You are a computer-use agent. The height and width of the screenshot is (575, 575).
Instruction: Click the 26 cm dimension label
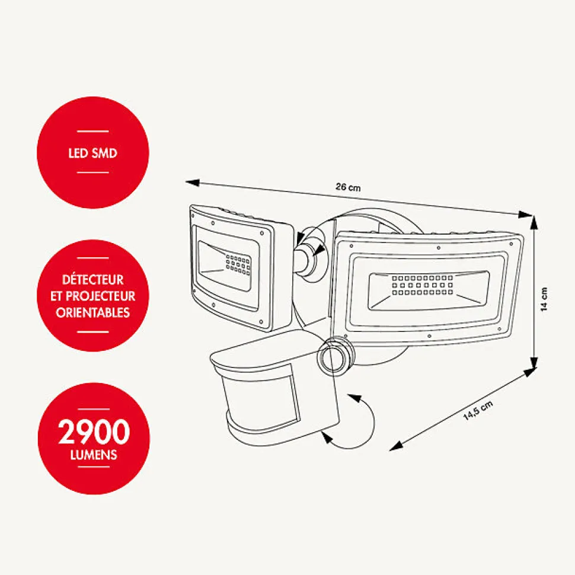348,187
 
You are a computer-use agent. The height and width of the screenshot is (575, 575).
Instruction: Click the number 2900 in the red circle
94,432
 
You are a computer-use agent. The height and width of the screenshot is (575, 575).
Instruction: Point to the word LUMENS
93,455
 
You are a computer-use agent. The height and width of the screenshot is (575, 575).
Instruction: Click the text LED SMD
93,153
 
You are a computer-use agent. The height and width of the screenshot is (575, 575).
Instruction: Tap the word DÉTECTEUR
93,279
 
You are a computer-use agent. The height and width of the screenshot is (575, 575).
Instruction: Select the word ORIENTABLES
93,312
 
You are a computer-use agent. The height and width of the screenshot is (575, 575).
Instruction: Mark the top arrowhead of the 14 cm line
535,220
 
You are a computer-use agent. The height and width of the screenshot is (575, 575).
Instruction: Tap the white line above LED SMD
93,131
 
